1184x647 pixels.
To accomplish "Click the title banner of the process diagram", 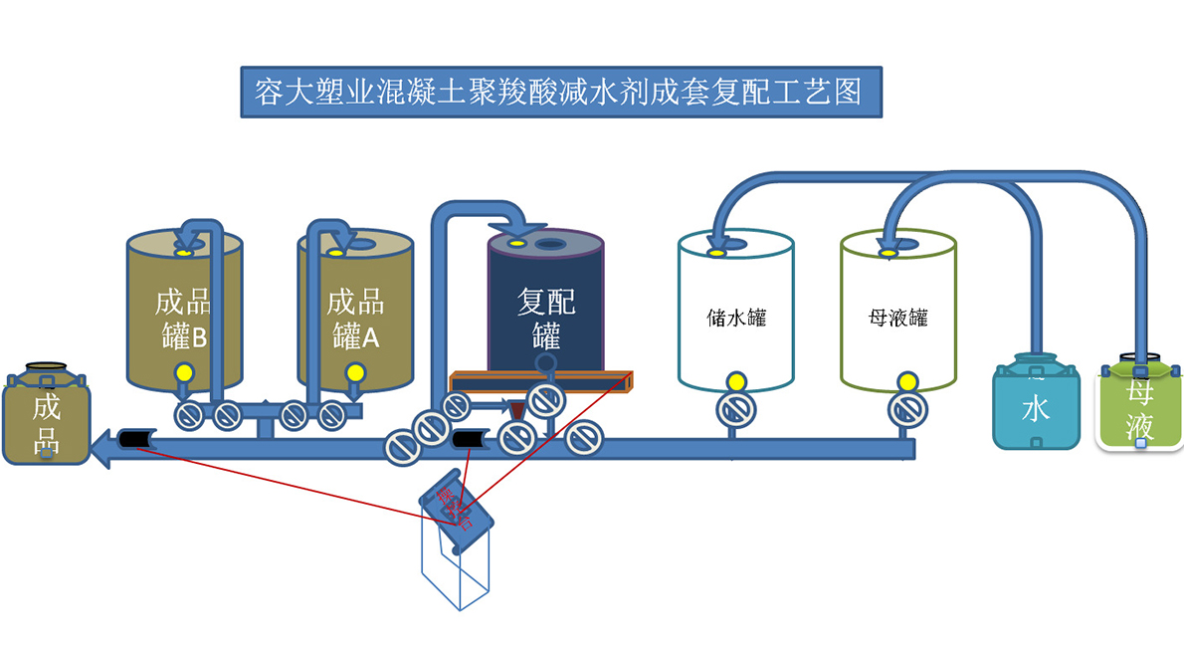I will [x=560, y=93].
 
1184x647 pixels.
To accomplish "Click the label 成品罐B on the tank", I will [x=184, y=319].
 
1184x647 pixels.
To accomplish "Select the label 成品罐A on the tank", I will [x=355, y=319].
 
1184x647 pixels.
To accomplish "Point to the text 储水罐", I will [x=736, y=319].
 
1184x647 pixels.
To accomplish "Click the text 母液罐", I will [x=898, y=319].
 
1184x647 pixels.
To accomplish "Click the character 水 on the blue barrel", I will [x=1036, y=409].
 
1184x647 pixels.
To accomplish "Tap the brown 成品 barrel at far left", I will [x=46, y=418].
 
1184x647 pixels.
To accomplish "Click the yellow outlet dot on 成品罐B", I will [x=184, y=373].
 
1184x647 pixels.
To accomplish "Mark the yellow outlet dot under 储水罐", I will [x=736, y=380].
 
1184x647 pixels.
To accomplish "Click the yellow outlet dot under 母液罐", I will [x=906, y=380].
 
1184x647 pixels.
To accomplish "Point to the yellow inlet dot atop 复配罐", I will [x=515, y=243].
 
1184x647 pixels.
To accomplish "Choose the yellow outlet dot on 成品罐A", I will [x=354, y=373].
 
